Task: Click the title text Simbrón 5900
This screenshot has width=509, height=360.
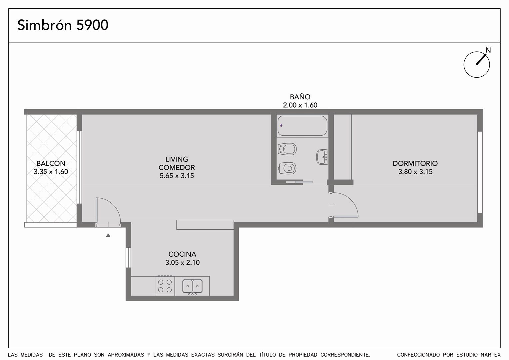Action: (x=63, y=25)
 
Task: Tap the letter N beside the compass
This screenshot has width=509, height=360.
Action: (x=488, y=50)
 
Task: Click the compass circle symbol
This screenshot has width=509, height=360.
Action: (x=476, y=65)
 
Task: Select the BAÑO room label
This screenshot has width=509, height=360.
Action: (x=300, y=97)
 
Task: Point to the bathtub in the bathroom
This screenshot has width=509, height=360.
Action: (x=302, y=126)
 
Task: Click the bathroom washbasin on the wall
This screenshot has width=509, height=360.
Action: (x=322, y=157)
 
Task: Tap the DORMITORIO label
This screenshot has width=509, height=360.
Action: (x=415, y=164)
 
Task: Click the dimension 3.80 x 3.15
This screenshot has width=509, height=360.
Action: (x=415, y=172)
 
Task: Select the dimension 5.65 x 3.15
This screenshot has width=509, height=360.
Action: (x=177, y=176)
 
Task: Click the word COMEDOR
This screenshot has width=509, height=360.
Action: (x=177, y=168)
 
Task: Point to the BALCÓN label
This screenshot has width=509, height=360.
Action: (x=51, y=163)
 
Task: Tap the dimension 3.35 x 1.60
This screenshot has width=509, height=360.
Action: (x=51, y=172)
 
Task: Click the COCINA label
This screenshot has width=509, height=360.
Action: (x=182, y=254)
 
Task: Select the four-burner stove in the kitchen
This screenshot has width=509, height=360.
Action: (x=165, y=286)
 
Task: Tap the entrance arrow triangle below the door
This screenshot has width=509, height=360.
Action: (x=108, y=235)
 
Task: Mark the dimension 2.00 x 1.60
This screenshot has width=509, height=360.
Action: (x=300, y=105)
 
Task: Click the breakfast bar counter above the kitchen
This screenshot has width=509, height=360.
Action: (x=205, y=225)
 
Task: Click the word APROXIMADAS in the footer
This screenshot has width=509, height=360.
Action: (x=126, y=355)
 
